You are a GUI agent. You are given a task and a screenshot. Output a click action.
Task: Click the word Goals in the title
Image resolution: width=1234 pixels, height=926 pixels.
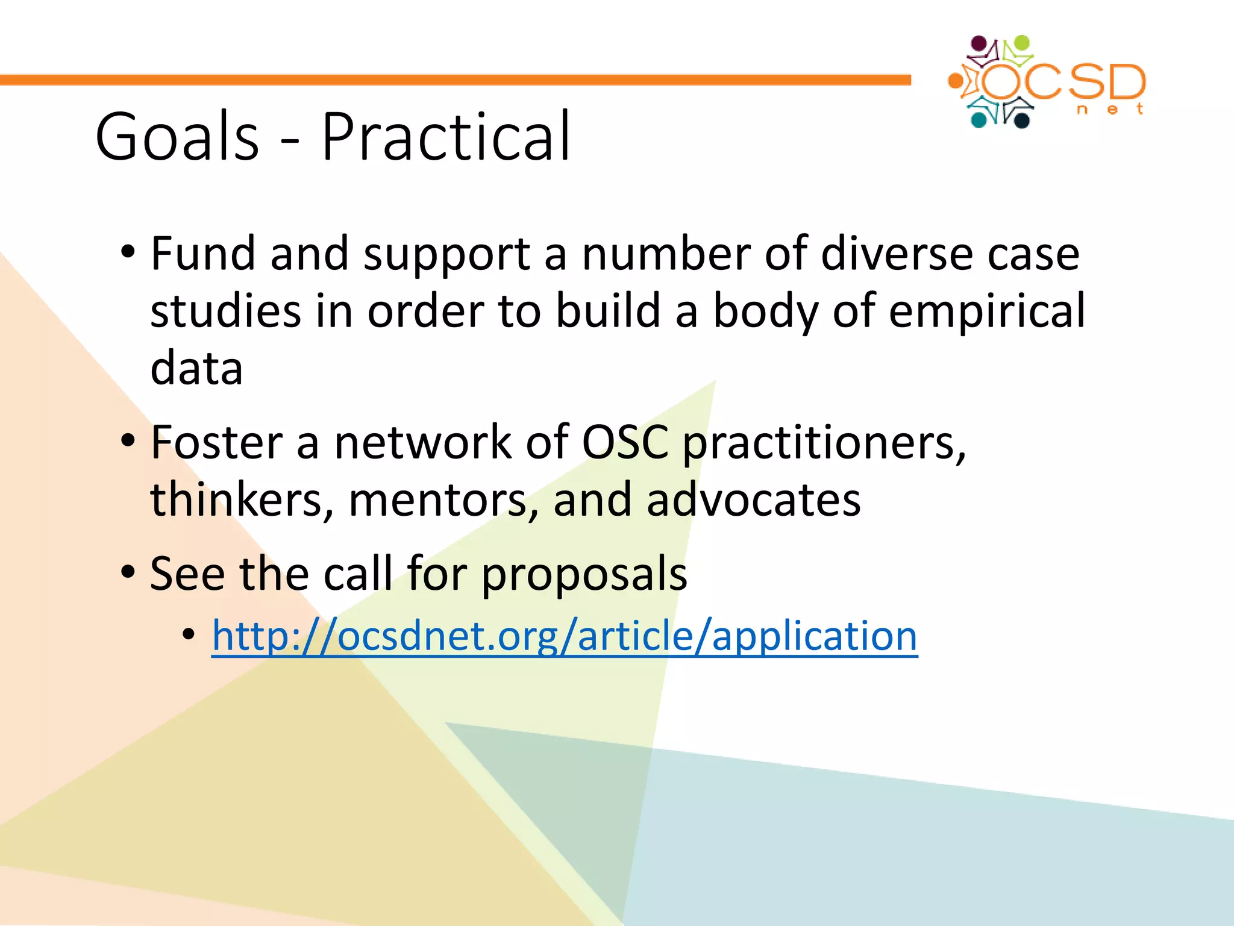coord(177,137)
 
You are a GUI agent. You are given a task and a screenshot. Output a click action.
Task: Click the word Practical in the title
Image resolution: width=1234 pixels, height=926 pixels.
coord(446,137)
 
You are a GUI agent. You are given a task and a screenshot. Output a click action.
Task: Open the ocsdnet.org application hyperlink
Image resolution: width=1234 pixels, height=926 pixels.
coord(565,636)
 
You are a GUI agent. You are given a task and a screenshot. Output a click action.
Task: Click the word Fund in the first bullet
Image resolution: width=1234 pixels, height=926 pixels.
coord(202,253)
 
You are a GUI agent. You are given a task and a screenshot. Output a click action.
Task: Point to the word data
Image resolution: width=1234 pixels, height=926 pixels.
coord(196,369)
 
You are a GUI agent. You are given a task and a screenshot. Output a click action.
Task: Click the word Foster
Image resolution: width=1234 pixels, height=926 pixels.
coord(216,443)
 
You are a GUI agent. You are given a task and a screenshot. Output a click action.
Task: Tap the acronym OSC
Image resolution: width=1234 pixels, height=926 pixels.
coord(625,443)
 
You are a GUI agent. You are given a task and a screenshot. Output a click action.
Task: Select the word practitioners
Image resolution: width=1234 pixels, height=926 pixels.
coord(824,445)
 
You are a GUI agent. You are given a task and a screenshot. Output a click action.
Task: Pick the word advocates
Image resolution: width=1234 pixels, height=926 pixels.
coord(754,500)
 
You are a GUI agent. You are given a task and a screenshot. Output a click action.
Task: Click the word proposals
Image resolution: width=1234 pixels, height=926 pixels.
coord(584,575)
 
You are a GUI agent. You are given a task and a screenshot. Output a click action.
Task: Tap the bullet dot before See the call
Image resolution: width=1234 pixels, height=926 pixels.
coord(128,571)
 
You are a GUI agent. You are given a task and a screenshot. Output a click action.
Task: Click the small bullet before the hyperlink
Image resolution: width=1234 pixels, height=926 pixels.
coord(189,634)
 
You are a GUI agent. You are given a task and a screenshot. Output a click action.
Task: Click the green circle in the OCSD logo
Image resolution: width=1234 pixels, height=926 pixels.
coord(1023,43)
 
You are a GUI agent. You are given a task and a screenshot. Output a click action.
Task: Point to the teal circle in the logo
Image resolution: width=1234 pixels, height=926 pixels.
coord(979,120)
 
